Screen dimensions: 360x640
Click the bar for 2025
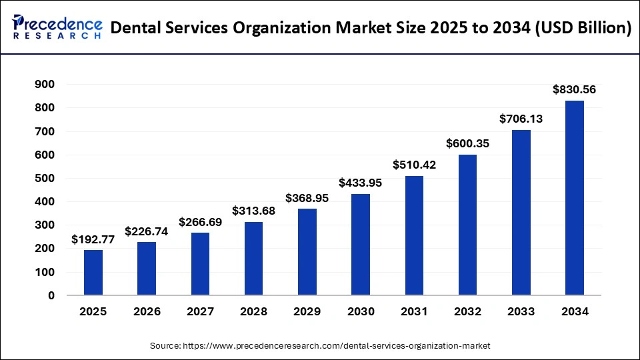pyautogui.click(x=93, y=272)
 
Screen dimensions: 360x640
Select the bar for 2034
pyautogui.click(x=575, y=197)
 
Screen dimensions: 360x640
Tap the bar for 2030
pyautogui.click(x=361, y=244)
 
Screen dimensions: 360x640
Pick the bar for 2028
pyautogui.click(x=253, y=258)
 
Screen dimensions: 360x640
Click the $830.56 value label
pyautogui.click(x=575, y=89)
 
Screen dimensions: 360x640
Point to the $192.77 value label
pyautogui.click(x=93, y=239)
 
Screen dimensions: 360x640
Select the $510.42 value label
pyautogui.click(x=414, y=165)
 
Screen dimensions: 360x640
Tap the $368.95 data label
pyautogui.click(x=307, y=198)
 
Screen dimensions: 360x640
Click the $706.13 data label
pyautogui.click(x=521, y=119)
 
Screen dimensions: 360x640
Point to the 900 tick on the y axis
pyautogui.click(x=46, y=85)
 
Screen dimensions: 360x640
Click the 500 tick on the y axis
pyautogui.click(x=46, y=178)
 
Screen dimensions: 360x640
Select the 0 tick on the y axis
pyautogui.click(x=51, y=295)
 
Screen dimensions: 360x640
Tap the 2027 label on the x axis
pyautogui.click(x=200, y=311)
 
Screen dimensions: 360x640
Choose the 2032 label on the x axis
pyautogui.click(x=467, y=311)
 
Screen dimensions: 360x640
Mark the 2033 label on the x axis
pyautogui.click(x=521, y=311)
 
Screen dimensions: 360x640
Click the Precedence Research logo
pyautogui.click(x=57, y=27)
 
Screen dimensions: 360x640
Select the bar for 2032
pyautogui.click(x=467, y=225)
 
